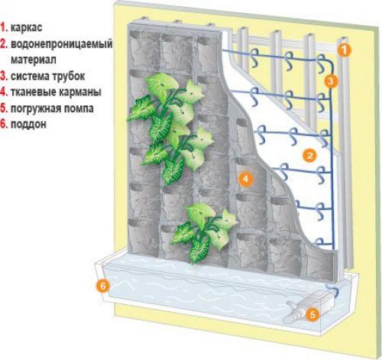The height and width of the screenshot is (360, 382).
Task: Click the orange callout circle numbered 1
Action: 344,50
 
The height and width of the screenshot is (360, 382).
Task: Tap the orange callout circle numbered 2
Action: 309,155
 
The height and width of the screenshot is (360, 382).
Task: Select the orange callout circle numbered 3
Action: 331,81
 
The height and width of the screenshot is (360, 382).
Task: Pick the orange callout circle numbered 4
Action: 245,179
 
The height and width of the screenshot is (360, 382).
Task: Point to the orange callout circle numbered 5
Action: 312,315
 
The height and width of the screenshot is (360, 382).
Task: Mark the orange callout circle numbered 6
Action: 102,286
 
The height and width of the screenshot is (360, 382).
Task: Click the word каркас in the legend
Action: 26,28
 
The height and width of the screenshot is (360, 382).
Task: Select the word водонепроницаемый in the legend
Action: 62,44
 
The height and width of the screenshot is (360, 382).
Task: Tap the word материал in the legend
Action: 34,60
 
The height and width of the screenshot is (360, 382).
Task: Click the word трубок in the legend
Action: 69,76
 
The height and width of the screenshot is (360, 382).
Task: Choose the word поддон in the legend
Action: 28,124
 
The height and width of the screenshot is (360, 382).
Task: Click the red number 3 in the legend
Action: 3,76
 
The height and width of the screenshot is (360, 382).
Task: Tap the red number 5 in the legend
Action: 3,109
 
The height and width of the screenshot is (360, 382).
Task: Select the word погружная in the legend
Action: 35,109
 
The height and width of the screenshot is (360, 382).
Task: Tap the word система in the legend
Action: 30,76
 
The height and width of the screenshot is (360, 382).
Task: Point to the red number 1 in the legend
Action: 3,28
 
